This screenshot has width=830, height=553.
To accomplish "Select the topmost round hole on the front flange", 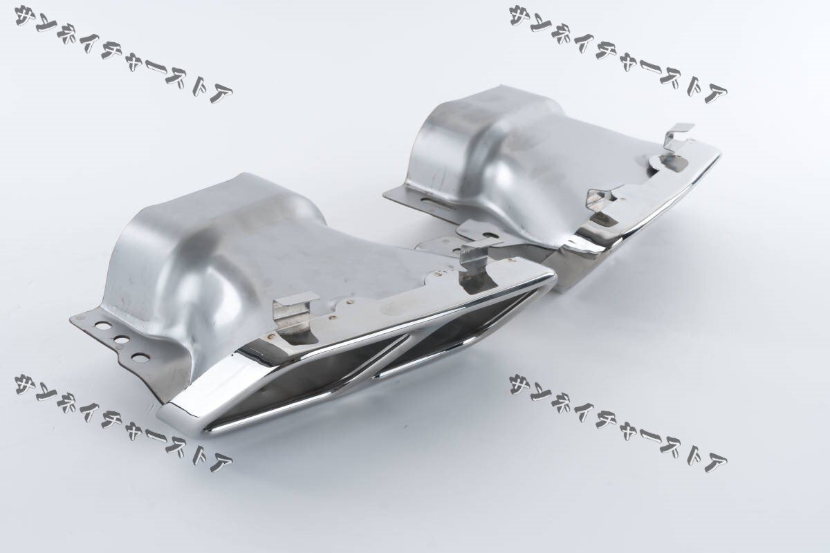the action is tap(102, 326).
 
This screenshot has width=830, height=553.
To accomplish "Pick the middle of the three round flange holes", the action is tap(122, 339).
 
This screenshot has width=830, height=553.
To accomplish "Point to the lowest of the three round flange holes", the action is tap(140, 358).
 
